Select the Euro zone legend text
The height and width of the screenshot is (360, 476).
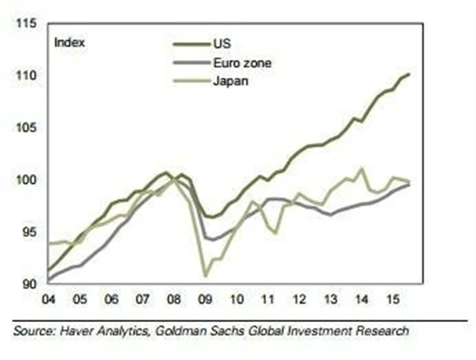(243, 63)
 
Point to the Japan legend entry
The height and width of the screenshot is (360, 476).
(231, 81)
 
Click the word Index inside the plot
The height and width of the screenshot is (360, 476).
(70, 42)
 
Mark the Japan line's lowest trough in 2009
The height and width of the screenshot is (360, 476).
(205, 277)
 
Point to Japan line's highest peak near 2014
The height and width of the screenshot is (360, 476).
(361, 168)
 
